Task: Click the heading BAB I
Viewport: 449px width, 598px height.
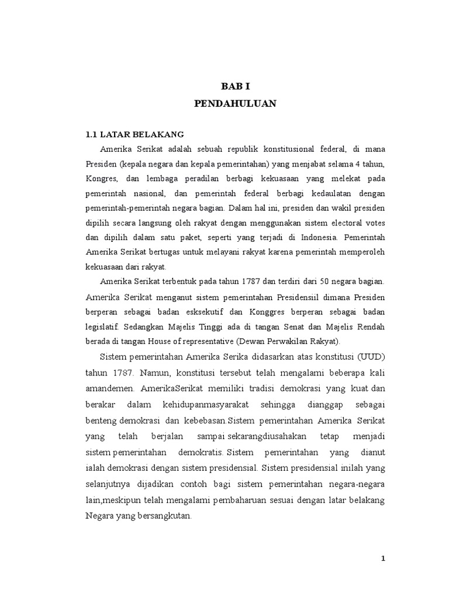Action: [x=235, y=86]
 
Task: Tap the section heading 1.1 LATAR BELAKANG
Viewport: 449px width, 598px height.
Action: [x=134, y=134]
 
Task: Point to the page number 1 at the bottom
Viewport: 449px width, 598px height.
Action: [x=384, y=558]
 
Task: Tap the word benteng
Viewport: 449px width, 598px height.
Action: [x=100, y=420]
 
